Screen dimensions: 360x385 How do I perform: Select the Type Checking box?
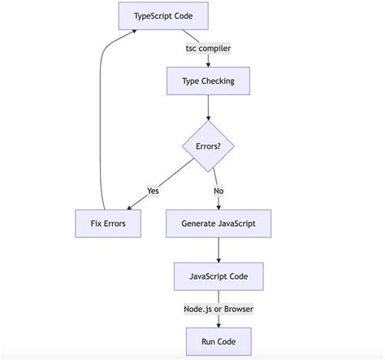(x=208, y=81)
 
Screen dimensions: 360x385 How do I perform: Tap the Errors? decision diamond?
(x=209, y=147)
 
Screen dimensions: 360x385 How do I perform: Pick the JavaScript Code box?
(x=218, y=276)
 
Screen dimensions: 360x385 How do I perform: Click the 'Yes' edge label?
(x=153, y=191)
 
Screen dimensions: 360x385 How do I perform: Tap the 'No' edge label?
(x=218, y=191)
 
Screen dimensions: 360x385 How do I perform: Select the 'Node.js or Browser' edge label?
(x=218, y=309)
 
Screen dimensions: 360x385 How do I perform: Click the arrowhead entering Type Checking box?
(x=209, y=64)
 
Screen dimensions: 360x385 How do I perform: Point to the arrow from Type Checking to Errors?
(x=209, y=107)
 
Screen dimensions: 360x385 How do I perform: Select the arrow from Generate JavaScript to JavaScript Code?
(x=218, y=249)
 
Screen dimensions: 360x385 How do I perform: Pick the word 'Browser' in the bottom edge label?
(x=237, y=309)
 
